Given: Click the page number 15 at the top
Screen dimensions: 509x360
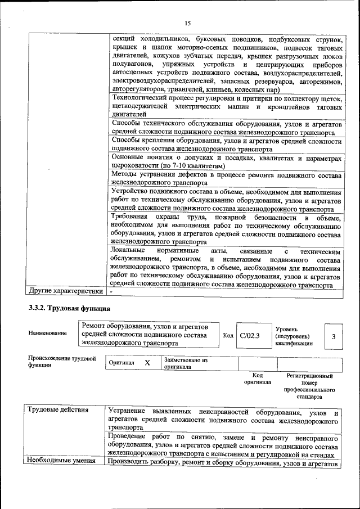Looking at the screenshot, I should point(188,23).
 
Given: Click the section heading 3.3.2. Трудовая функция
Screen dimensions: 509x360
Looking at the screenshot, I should point(65,308).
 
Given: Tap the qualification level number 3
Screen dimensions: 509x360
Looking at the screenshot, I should point(333,336).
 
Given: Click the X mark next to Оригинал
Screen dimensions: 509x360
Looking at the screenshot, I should point(147,363).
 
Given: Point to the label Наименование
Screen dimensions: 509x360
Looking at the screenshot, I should point(47,334).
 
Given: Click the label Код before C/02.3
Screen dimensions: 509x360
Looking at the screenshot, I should point(228,336).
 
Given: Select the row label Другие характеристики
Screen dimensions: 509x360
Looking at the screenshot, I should point(66,291).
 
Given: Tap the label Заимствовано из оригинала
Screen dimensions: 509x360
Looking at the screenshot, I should point(186,363).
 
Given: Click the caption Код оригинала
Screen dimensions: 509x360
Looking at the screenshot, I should point(258,379).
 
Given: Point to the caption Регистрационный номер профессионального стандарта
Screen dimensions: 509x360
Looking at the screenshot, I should point(309,386).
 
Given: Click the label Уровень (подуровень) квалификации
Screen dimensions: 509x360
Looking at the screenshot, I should point(294,336).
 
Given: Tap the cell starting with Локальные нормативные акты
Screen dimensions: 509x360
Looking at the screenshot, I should point(226,267).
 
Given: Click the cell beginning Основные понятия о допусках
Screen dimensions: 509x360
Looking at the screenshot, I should point(226,162).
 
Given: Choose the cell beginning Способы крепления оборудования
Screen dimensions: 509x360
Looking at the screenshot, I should point(226,144).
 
